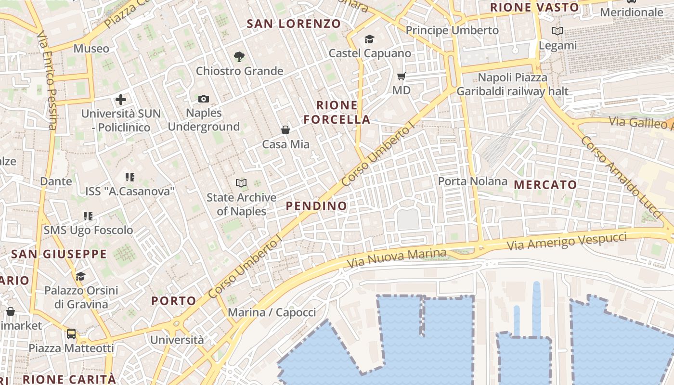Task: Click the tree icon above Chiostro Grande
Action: (239, 57)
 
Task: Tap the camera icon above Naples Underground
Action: (204, 99)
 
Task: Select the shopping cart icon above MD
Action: (402, 77)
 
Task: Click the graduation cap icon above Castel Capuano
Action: (370, 39)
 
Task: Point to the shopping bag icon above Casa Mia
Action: (285, 130)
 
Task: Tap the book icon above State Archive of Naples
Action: (241, 183)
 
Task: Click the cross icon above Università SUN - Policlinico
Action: (121, 100)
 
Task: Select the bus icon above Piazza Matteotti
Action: (71, 334)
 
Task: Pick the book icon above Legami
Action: (557, 31)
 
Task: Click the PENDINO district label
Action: (316, 206)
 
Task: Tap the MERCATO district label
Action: (545, 185)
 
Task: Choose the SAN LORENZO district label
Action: (294, 24)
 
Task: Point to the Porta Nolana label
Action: (472, 181)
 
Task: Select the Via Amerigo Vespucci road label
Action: (567, 241)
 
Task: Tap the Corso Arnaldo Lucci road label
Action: (621, 177)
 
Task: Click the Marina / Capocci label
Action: (272, 312)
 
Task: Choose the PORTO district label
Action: (174, 301)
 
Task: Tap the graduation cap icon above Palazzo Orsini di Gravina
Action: (80, 276)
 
